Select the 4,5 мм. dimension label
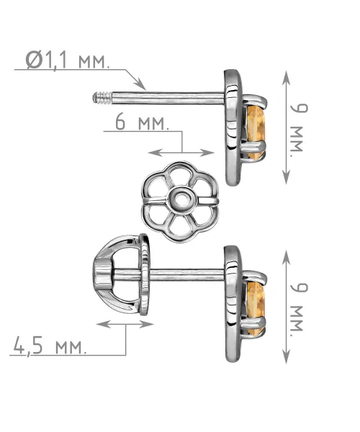[x=50, y=346]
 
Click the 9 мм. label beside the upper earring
[x=299, y=130]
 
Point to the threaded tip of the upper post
[x=102, y=98]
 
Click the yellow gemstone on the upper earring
[x=256, y=132]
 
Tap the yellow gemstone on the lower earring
[x=256, y=307]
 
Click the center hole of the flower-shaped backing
[x=181, y=199]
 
